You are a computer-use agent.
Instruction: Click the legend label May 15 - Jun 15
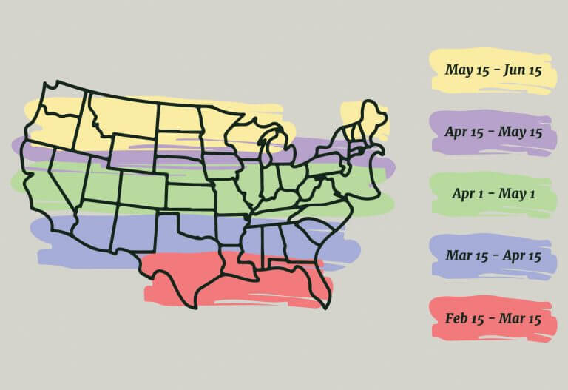coord(493,70)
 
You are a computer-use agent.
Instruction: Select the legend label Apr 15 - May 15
coord(493,132)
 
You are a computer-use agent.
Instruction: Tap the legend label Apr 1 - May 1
coord(493,194)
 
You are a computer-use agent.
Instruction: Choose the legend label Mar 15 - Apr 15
coord(493,256)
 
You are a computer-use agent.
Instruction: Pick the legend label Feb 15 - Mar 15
coord(493,319)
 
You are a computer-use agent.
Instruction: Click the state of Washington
coord(63,100)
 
